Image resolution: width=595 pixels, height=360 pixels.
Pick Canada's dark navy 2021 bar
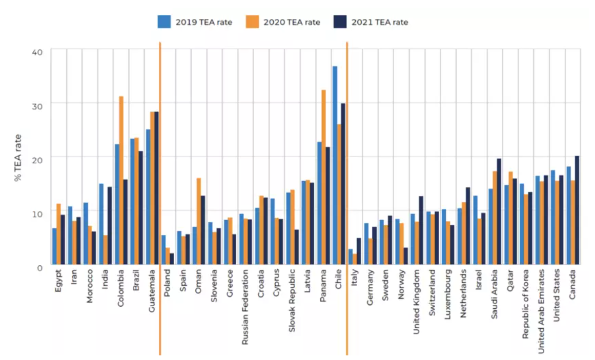point(577,210)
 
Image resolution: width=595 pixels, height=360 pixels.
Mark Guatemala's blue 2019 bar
point(148,197)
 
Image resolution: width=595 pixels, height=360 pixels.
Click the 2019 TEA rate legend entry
point(195,22)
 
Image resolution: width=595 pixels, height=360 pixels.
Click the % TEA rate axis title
point(18,158)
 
